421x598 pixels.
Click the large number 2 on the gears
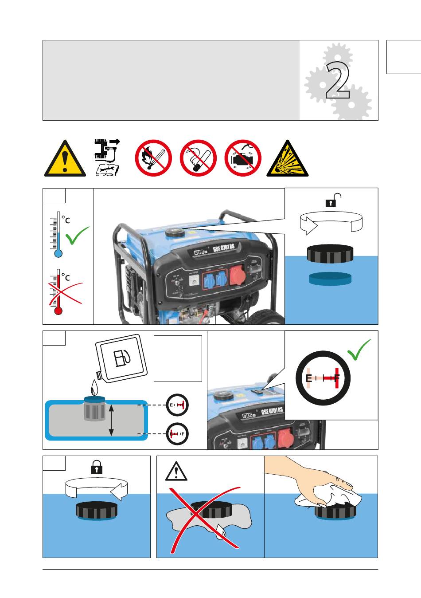click(338, 81)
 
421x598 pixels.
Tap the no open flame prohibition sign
click(153, 158)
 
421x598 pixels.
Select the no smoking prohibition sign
click(198, 158)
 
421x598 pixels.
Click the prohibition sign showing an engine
click(243, 158)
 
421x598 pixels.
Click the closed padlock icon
click(97, 467)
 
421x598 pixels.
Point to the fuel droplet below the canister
click(94, 388)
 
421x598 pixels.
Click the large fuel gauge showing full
click(323, 378)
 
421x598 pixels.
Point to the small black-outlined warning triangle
click(176, 471)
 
